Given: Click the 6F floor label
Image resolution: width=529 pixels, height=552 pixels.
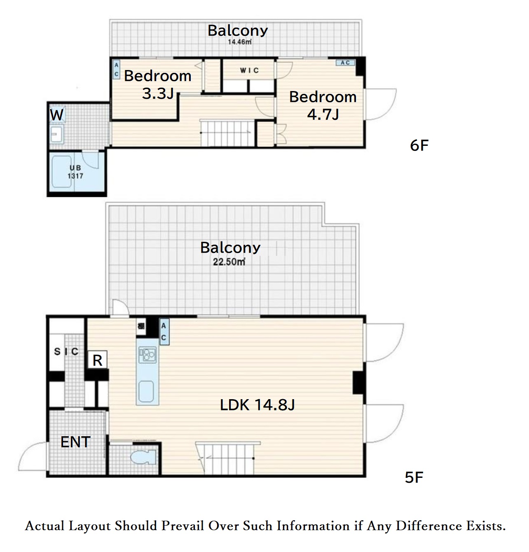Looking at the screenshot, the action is [x=419, y=145].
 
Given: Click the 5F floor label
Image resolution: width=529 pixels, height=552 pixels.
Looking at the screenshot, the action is [x=414, y=477].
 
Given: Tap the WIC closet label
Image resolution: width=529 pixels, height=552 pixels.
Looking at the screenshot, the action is [x=249, y=70].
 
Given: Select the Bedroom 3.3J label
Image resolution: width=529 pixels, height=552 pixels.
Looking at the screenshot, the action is [x=158, y=84].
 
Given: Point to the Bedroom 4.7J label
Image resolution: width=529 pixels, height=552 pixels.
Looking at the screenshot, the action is [x=323, y=105].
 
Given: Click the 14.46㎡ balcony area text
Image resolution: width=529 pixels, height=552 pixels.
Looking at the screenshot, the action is [x=240, y=42].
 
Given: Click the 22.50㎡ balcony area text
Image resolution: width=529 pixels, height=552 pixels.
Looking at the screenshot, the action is [x=229, y=262].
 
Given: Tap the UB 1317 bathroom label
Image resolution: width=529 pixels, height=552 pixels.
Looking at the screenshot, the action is [x=75, y=172].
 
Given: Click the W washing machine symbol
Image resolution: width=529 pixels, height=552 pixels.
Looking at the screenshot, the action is [x=57, y=115].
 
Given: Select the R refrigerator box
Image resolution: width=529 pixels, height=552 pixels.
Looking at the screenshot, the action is [x=97, y=360].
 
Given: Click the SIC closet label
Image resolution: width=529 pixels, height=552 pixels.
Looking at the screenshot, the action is [x=66, y=351].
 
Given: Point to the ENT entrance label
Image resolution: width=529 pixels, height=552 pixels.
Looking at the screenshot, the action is [x=75, y=442].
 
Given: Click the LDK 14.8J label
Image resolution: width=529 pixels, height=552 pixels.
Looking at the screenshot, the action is [x=257, y=405].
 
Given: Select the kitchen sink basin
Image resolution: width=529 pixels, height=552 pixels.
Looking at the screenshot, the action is [x=146, y=391].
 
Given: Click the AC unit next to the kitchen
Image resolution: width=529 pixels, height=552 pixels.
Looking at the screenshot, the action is [x=164, y=332].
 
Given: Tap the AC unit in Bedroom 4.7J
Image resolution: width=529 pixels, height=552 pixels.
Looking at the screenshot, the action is [x=345, y=62].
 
